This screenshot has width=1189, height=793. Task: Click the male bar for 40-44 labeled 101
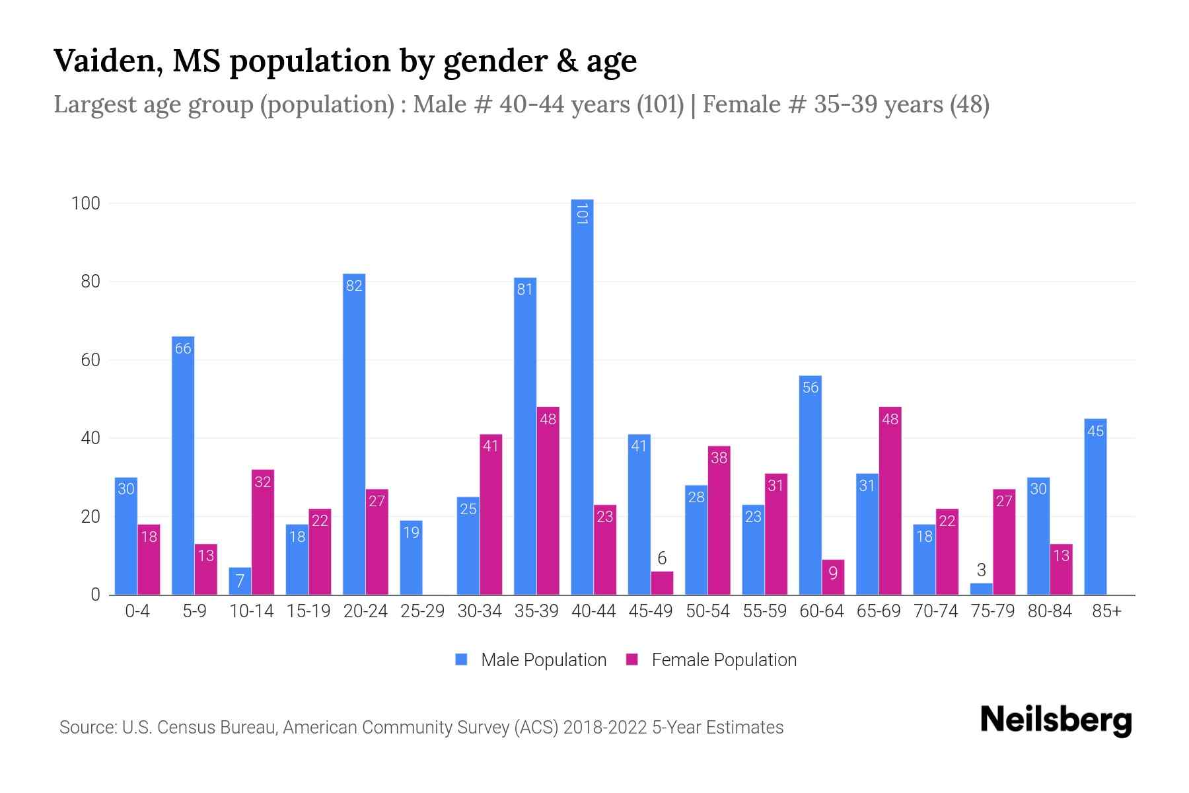click(582, 397)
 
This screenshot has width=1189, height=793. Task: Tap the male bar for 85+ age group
click(1095, 507)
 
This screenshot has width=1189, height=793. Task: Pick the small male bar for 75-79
click(981, 589)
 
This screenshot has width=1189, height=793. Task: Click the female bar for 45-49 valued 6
click(662, 583)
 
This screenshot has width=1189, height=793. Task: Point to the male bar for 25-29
click(411, 558)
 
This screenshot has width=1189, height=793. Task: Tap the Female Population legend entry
click(711, 660)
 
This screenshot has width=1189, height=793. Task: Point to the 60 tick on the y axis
click(90, 360)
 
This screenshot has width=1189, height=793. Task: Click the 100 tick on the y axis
click(85, 204)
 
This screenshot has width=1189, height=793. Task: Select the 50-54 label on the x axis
click(707, 611)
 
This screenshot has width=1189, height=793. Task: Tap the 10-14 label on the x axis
click(251, 611)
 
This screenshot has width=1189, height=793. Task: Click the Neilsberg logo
click(1056, 720)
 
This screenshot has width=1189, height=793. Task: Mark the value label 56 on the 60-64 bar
click(811, 387)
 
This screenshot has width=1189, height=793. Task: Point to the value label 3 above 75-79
click(981, 570)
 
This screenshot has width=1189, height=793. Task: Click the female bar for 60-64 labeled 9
click(833, 577)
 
